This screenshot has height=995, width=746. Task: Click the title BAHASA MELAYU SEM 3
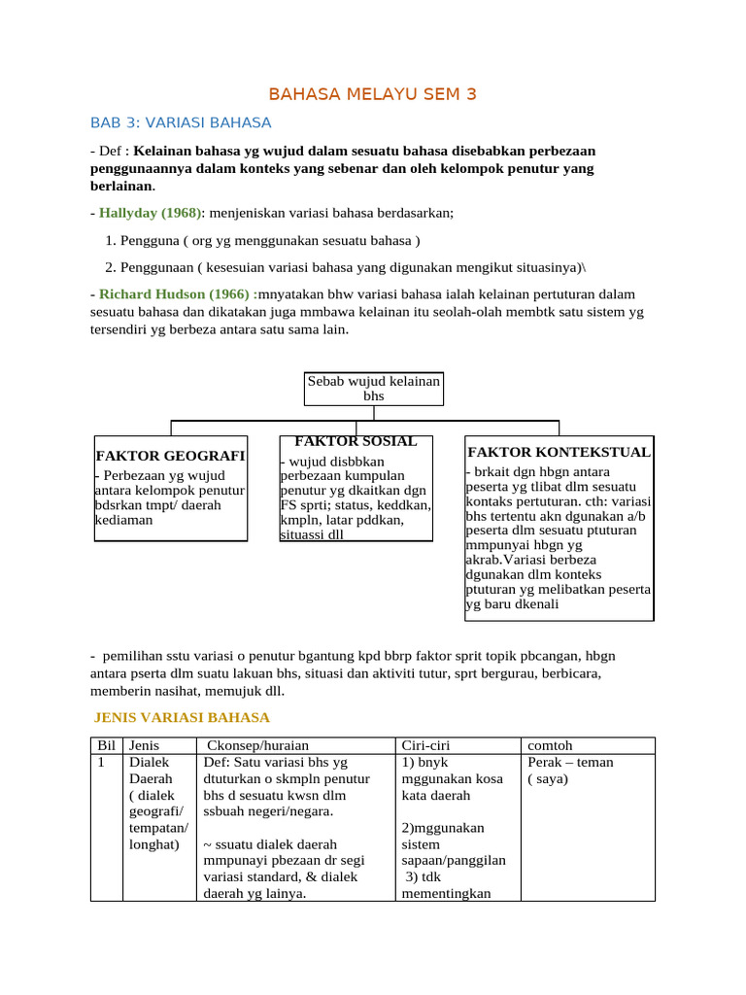373,94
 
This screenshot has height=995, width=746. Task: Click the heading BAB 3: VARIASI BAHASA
181,122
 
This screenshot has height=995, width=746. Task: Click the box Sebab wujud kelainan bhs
373,389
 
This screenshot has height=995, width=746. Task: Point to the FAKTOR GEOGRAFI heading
170,456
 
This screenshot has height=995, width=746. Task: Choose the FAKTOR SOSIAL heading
356,441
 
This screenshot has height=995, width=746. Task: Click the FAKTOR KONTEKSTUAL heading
559,453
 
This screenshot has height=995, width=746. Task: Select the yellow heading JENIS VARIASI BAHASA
182,718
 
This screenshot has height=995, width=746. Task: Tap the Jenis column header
144,745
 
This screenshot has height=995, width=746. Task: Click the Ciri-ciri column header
425,745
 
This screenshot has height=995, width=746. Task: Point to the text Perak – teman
570,763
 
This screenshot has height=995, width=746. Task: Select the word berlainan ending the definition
121,186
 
